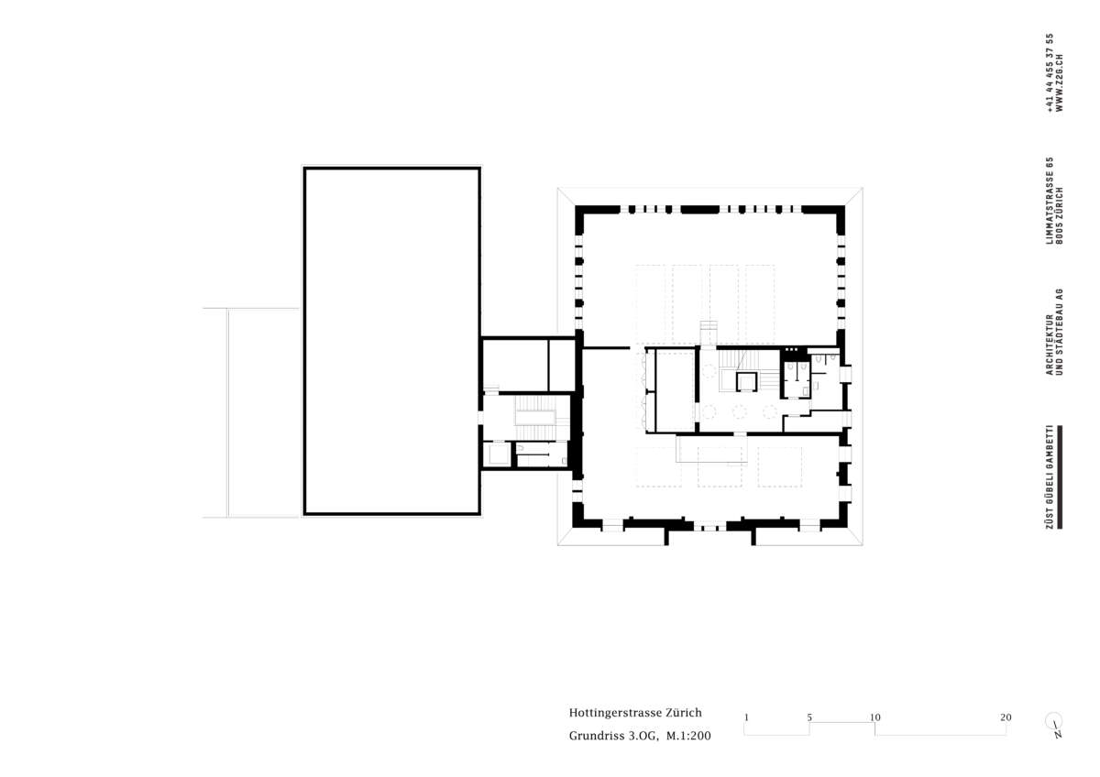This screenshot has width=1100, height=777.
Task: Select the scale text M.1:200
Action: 688,737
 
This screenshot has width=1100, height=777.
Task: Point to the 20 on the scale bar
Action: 1006,717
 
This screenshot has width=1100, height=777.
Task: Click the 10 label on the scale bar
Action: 875,717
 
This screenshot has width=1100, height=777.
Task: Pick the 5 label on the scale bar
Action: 809,717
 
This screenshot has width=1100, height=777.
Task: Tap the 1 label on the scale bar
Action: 746,717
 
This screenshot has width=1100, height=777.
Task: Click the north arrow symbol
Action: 1054,725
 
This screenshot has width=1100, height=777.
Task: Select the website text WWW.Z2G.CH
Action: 1060,83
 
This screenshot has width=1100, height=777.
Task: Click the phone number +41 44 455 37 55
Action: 1050,72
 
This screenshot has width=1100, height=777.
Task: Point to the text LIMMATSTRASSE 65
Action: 1050,201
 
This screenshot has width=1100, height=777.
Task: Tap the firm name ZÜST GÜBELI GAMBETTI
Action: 1050,477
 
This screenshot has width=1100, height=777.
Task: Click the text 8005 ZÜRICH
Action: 1060,216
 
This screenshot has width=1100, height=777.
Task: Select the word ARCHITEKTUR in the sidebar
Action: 1050,345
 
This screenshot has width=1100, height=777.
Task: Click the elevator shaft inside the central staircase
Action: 746,382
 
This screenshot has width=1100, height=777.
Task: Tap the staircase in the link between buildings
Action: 535,418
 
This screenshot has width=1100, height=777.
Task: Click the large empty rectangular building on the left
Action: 392,341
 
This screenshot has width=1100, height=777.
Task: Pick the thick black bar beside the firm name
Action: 1060,477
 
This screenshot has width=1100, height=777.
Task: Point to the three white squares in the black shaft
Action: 792,349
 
